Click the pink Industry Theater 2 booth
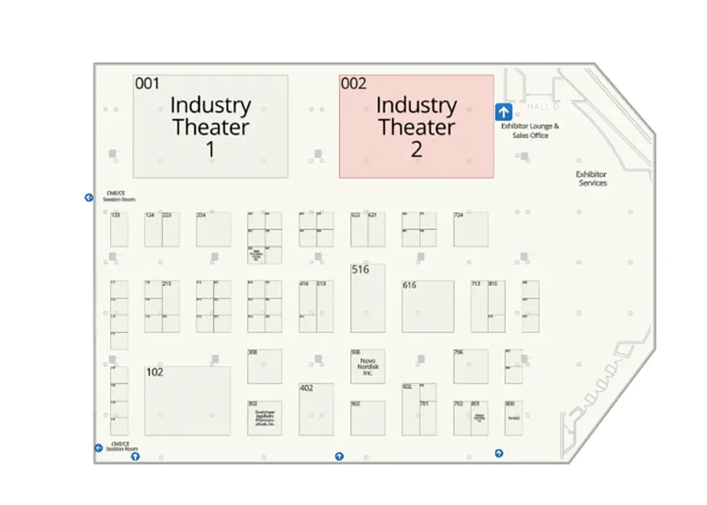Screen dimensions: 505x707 tap(416, 126)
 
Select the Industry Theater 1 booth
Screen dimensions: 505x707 tap(210, 126)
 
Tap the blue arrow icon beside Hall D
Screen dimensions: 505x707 tap(503, 112)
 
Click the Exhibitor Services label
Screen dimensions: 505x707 tap(591, 179)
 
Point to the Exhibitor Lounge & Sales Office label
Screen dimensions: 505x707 tap(529, 130)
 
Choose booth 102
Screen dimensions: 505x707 tap(187, 400)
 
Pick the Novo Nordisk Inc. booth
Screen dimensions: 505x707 tap(367, 366)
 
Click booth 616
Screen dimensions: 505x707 tap(428, 306)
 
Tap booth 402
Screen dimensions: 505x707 tap(316, 409)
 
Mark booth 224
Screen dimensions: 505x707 tap(213, 230)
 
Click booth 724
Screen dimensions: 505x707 tap(471, 230)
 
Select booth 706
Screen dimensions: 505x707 tap(471, 366)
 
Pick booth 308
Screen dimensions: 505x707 tap(264, 366)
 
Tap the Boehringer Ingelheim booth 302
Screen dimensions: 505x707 tap(264, 418)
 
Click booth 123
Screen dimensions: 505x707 tap(119, 230)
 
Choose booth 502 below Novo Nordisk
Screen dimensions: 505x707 tap(367, 418)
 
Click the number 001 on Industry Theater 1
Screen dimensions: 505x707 tap(147, 84)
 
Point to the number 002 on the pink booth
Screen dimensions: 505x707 tap(353, 84)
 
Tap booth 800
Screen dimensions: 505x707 tap(513, 418)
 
